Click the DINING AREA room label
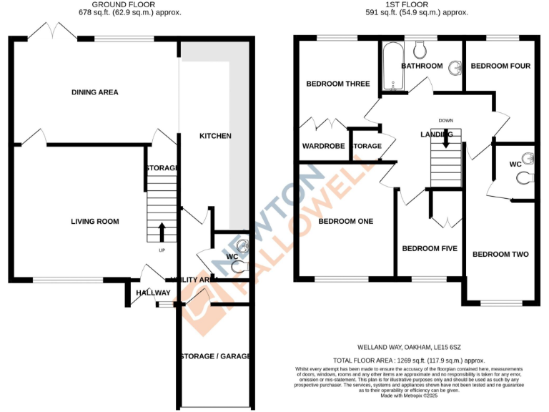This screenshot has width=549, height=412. point(94,92)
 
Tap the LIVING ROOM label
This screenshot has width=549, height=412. point(94,222)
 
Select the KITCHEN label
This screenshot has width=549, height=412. point(215,136)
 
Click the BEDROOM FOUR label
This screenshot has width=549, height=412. point(500,67)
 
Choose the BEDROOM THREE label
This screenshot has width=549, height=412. point(337,84)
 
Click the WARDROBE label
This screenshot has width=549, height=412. point(323,146)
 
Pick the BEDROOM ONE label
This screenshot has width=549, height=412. point(346,222)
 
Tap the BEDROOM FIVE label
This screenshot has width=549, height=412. point(429,249)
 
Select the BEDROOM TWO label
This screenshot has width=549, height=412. point(500,255)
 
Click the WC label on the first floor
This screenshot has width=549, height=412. point(514,165)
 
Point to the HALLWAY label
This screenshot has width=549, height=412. point(153,293)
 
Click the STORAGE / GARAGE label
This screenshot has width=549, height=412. point(214,356)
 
